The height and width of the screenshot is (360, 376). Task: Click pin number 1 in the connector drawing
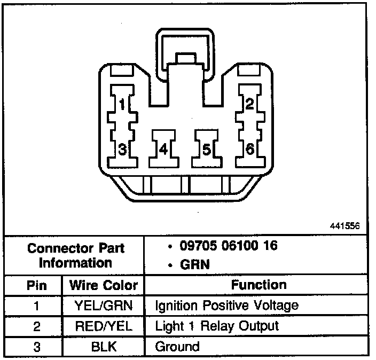[122, 104]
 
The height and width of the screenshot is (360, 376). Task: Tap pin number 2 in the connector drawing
[249, 104]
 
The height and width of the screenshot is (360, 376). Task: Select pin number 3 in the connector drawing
[122, 149]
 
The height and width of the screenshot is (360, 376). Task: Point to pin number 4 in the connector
[163, 149]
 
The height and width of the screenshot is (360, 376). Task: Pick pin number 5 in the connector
[207, 149]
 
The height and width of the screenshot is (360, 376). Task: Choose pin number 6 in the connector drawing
[249, 149]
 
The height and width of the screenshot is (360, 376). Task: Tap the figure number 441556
[346, 226]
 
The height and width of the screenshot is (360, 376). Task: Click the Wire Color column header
[104, 285]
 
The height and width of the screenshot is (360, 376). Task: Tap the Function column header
[258, 285]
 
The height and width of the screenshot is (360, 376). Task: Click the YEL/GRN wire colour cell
[104, 306]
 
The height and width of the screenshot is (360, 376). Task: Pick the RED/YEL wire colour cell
[104, 326]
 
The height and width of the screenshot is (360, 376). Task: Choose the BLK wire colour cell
[104, 346]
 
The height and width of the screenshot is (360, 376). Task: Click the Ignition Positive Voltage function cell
[226, 306]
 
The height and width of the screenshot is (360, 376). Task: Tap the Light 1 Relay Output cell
[217, 326]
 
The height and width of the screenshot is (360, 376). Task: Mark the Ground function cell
[177, 346]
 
